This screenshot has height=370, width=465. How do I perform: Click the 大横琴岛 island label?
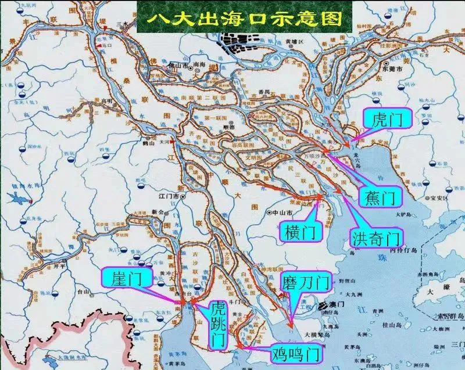(x=320, y=336)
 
